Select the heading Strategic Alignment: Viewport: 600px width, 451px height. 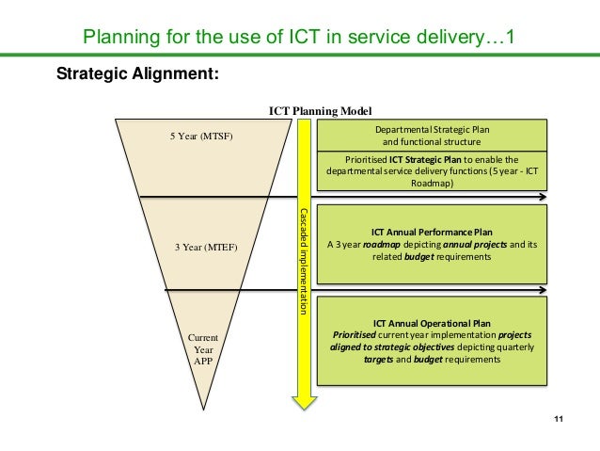(x=138, y=74)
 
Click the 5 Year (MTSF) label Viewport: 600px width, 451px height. (x=200, y=136)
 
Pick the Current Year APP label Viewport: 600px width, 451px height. (x=203, y=348)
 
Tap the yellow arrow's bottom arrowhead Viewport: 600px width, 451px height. (x=304, y=402)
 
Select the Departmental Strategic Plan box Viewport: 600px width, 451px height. (x=432, y=135)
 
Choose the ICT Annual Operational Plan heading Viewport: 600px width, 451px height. (x=432, y=322)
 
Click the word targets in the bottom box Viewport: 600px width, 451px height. (x=378, y=359)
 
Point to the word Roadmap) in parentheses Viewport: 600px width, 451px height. (x=432, y=184)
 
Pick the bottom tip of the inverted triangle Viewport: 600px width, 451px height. (x=204, y=411)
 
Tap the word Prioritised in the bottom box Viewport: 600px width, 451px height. (x=351, y=334)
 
